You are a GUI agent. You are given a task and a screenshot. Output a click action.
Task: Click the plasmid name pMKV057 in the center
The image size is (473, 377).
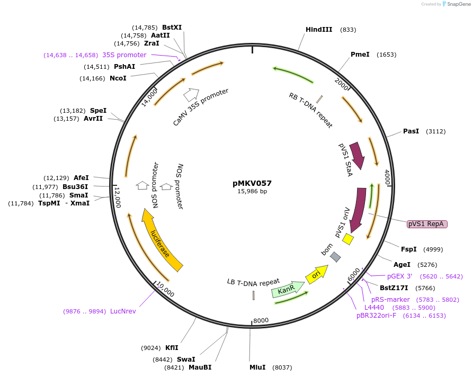[x=252, y=183]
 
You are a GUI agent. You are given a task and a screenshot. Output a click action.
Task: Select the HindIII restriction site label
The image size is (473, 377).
[x=319, y=30]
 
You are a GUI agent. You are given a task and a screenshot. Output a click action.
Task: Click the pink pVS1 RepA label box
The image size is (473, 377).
[x=427, y=224]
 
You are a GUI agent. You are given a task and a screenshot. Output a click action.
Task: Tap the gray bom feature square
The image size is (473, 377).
[x=335, y=257]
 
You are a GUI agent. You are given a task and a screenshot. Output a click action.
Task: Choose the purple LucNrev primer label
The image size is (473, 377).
[x=123, y=311]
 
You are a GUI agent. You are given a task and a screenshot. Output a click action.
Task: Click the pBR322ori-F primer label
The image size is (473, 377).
[x=376, y=316]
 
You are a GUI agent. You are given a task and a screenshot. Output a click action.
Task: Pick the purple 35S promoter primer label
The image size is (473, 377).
[x=124, y=55]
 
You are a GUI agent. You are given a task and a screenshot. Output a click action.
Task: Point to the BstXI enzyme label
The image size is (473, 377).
[x=172, y=28]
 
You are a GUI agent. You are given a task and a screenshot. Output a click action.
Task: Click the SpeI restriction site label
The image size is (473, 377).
[x=98, y=111]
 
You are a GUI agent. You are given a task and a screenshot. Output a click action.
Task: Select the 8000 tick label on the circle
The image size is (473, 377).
[x=261, y=320]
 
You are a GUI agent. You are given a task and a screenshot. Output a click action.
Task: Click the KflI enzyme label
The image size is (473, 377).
[x=172, y=348]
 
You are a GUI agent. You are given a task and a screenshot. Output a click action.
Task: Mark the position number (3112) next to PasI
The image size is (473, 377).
[x=434, y=131]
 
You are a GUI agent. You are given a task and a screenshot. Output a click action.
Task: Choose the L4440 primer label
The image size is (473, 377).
[x=374, y=308]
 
